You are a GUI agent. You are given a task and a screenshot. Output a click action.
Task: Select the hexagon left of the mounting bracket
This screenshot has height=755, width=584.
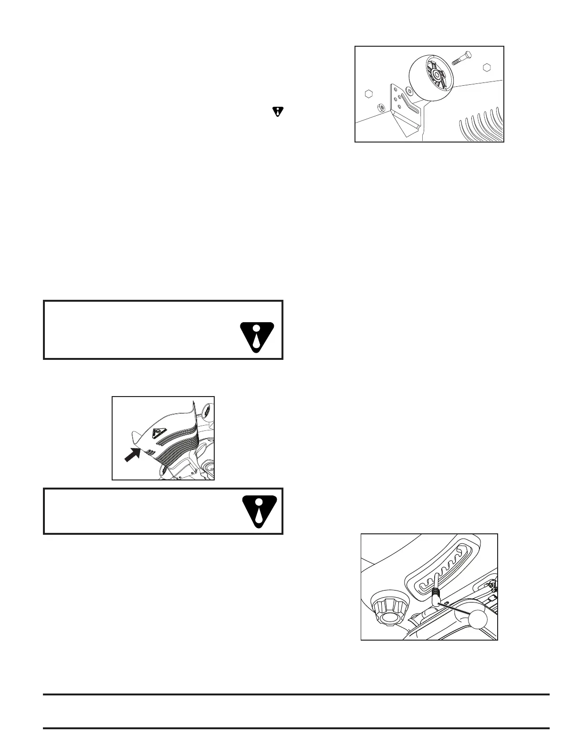click(368, 93)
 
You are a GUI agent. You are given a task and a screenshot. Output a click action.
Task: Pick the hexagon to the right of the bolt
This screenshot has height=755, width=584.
click(487, 67)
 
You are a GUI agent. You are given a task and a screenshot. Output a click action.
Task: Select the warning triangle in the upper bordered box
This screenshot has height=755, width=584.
click(257, 337)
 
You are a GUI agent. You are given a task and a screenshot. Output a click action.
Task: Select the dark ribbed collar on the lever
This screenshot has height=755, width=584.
click(436, 594)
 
